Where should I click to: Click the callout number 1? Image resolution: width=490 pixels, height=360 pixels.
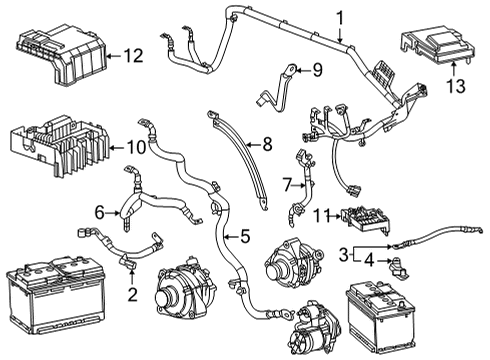[339, 16]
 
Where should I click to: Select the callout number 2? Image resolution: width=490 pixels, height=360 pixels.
[132, 293]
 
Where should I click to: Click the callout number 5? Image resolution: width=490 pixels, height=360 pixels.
[245, 236]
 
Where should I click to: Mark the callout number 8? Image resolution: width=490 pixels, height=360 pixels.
[266, 144]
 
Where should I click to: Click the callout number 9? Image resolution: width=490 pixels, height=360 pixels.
[316, 70]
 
